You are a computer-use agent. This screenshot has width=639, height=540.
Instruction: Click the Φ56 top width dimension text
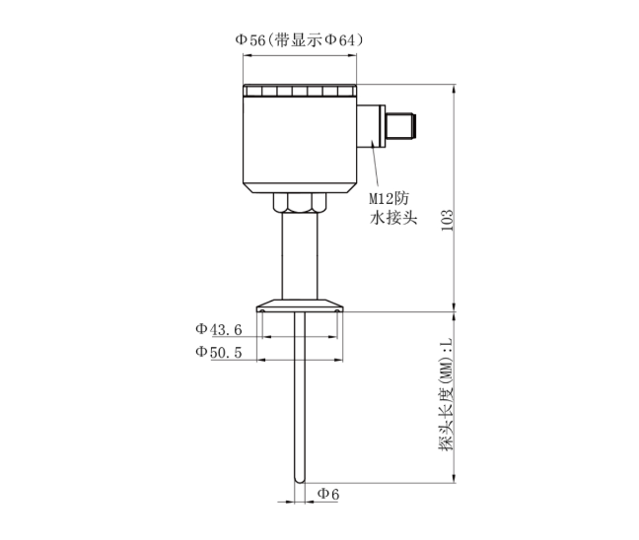pyautogui.click(x=252, y=39)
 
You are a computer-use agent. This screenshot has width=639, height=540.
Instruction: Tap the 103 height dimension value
pyautogui.click(x=448, y=218)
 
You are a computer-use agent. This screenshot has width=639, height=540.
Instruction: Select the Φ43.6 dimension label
pyautogui.click(x=218, y=329)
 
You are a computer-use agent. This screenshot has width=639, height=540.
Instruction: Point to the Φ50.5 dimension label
pyautogui.click(x=218, y=352)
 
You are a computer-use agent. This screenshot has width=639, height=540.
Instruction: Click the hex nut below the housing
pyautogui.click(x=298, y=203)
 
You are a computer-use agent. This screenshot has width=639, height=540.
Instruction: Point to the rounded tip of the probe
pyautogui.click(x=298, y=479)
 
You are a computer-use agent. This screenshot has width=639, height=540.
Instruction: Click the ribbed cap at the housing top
pyautogui.click(x=298, y=93)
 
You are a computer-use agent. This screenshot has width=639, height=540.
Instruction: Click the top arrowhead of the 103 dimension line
pyautogui.click(x=455, y=89)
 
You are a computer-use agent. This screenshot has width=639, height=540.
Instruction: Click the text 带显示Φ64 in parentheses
pyautogui.click(x=318, y=39)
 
